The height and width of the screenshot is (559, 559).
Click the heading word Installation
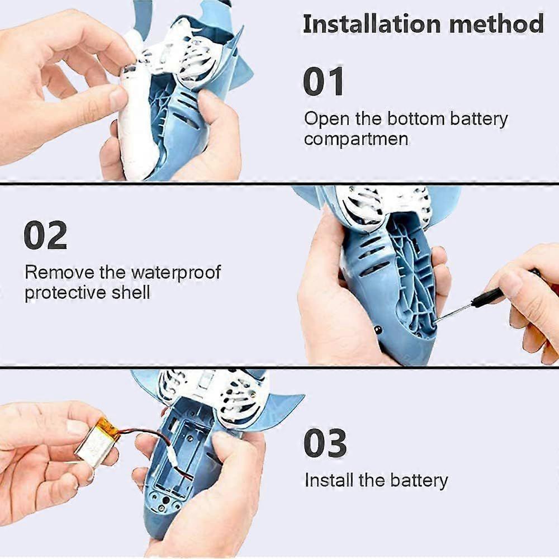(x=372, y=24)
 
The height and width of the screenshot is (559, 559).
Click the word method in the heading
(x=496, y=24)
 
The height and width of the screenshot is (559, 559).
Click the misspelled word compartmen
(x=356, y=139)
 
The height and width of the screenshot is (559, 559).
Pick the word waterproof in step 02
(x=176, y=273)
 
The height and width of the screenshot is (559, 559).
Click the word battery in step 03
(x=419, y=481)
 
